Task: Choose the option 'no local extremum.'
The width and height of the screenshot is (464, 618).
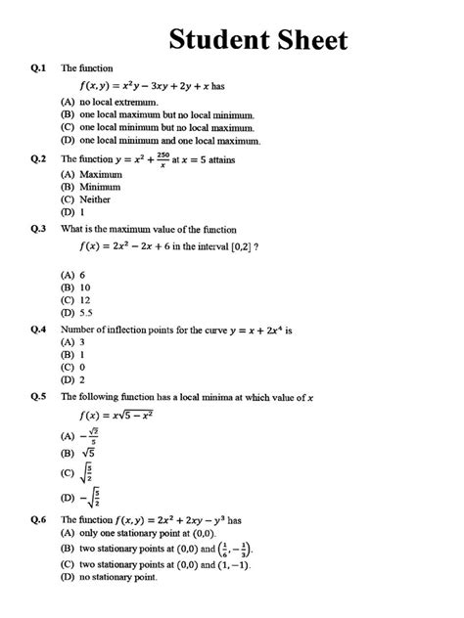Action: click(118, 102)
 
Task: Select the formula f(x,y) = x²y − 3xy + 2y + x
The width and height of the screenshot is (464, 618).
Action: click(166, 86)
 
